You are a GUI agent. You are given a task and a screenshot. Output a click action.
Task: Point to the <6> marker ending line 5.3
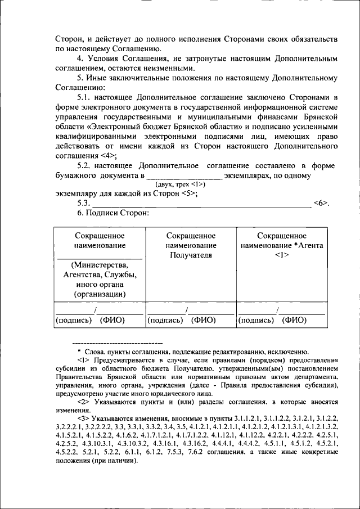tap(321, 203)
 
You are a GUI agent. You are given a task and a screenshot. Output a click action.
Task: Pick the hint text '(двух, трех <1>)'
tap(181, 184)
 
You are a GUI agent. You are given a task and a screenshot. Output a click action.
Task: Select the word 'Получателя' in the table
tap(191, 255)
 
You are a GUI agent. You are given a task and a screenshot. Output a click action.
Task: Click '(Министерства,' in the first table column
tap(100, 265)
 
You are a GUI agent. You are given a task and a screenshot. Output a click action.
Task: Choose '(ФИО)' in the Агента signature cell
tap(295, 320)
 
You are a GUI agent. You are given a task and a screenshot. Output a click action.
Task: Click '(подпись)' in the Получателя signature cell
tap(164, 320)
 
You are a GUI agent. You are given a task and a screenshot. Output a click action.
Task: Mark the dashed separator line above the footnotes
tap(118, 343)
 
